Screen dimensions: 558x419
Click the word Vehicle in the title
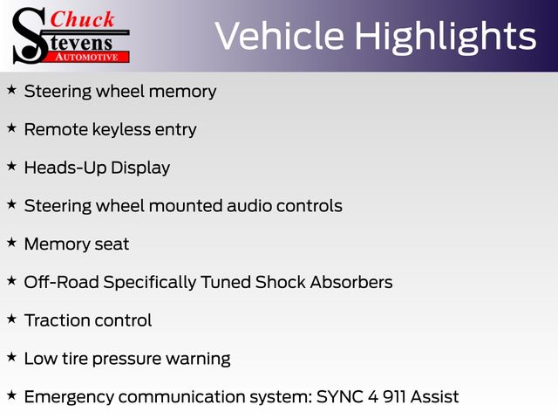point(280,36)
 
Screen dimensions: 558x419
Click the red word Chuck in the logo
point(82,19)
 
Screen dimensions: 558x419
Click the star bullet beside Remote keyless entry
point(11,128)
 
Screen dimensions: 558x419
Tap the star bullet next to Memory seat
point(11,243)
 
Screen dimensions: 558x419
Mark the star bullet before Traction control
point(11,319)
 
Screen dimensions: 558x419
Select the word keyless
point(121,130)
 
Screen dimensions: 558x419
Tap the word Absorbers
point(351,282)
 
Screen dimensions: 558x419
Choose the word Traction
point(57,320)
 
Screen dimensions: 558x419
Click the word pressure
point(126,360)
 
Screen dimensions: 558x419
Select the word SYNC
point(340,396)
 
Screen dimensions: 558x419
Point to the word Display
point(140,168)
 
